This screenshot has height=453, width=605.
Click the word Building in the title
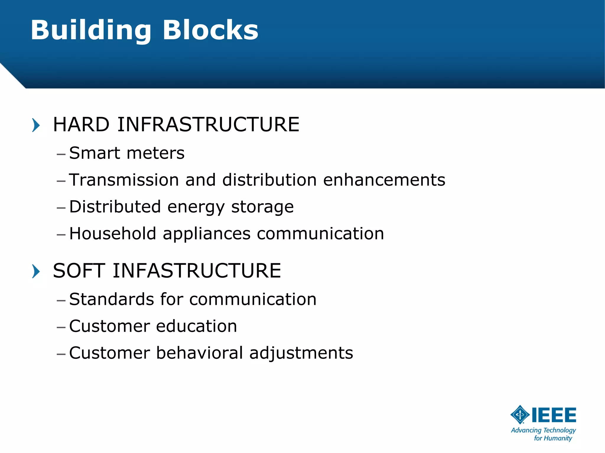pyautogui.click(x=91, y=30)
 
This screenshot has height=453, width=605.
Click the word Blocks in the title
pyautogui.click(x=210, y=30)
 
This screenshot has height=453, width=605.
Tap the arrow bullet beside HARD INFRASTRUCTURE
pyautogui.click(x=36, y=125)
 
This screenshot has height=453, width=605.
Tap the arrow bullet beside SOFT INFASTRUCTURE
pyautogui.click(x=36, y=271)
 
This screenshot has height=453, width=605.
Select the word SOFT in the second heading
pyautogui.click(x=79, y=271)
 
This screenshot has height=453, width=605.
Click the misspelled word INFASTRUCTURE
pyautogui.click(x=197, y=271)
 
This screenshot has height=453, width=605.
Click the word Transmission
pyautogui.click(x=124, y=180)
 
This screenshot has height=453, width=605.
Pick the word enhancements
pyautogui.click(x=384, y=180)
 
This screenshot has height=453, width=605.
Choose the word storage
pyautogui.click(x=262, y=207)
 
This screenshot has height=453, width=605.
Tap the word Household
pyautogui.click(x=113, y=234)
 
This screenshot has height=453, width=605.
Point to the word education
pyautogui.click(x=196, y=326)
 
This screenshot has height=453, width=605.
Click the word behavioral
pyautogui.click(x=199, y=353)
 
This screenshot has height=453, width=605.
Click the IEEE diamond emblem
pyautogui.click(x=520, y=415)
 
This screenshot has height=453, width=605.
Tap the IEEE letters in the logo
pyautogui.click(x=554, y=415)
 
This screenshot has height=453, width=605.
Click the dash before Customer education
pyautogui.click(x=61, y=327)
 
